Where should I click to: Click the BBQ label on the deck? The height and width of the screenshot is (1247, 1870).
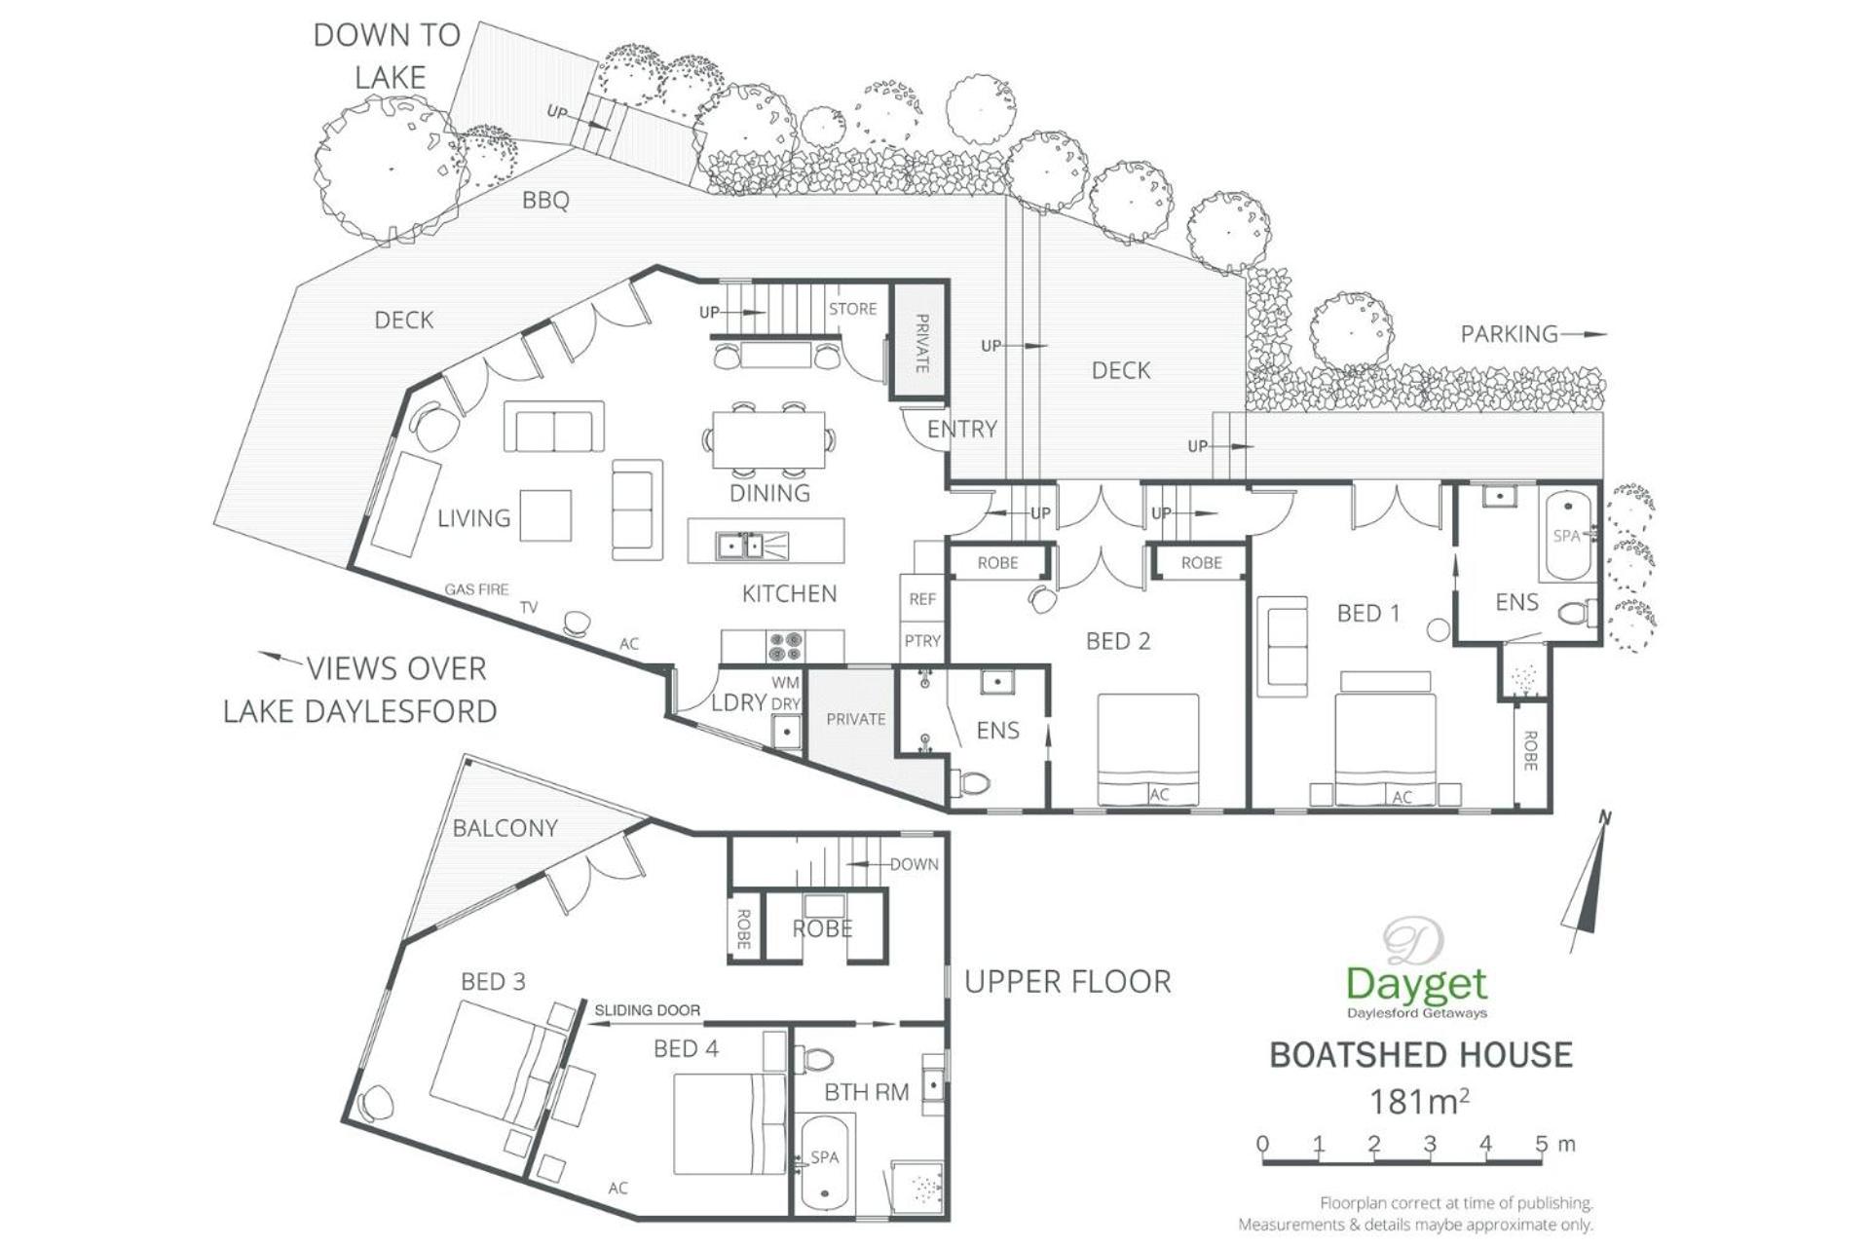(x=545, y=200)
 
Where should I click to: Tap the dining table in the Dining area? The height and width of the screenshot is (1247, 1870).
(x=768, y=440)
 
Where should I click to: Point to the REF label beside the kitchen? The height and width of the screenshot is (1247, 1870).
(x=922, y=599)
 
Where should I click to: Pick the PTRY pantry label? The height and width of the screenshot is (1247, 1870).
(x=922, y=641)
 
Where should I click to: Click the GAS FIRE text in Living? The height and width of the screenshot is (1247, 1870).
(x=476, y=589)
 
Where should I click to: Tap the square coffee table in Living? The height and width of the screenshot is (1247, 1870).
(x=545, y=514)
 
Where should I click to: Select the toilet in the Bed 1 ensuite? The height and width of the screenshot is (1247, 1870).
(x=1578, y=613)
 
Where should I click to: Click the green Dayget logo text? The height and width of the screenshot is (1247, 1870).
(x=1417, y=985)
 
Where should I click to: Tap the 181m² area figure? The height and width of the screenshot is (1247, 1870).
(x=1419, y=1102)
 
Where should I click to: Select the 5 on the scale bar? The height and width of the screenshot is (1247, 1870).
(x=1541, y=1144)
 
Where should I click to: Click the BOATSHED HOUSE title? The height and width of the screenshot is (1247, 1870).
(x=1421, y=1055)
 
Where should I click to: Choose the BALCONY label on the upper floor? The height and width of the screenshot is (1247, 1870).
(x=505, y=828)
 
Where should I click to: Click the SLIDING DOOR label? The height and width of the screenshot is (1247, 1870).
(x=647, y=1010)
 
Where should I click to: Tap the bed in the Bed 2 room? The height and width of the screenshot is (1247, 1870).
(x=1147, y=749)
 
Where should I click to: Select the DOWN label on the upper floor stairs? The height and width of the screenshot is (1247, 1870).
(x=914, y=864)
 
